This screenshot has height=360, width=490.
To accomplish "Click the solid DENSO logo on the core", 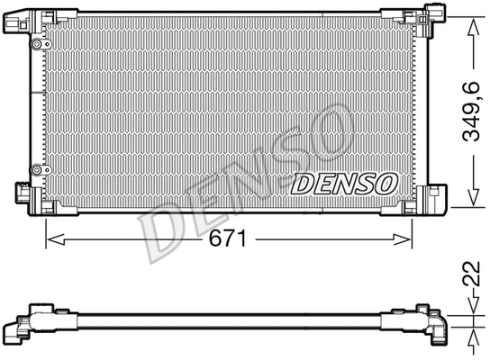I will pos(345,183).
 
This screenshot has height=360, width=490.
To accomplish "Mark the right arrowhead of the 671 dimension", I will pos(407,238).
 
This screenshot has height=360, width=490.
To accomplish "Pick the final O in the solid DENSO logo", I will pos(386,183).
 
